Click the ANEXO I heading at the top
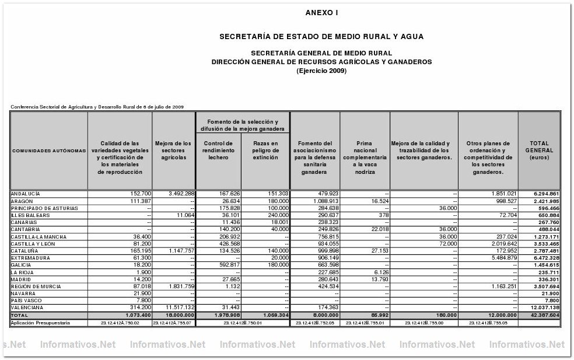point(321,12)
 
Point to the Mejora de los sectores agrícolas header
point(173,150)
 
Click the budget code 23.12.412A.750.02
point(120,322)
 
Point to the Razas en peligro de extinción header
point(265,150)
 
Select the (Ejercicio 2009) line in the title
point(321,71)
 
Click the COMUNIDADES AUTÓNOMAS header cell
point(48,151)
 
